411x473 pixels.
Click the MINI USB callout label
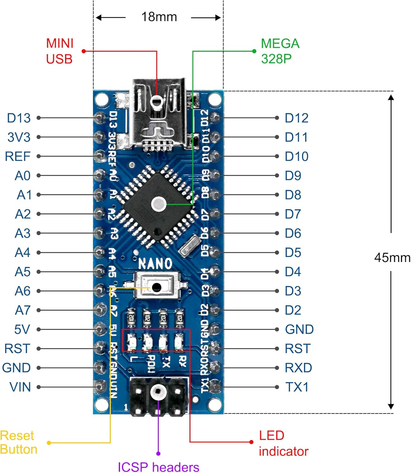(60, 51)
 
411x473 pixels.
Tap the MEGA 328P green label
(280, 51)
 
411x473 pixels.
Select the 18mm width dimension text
(159, 17)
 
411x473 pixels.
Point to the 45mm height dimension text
(392, 258)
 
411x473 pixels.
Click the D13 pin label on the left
(19, 118)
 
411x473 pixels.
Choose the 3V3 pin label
(19, 137)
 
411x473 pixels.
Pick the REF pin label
(18, 156)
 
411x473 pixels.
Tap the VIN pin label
(20, 387)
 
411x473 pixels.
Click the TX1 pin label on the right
(297, 387)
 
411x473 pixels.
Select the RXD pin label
(298, 368)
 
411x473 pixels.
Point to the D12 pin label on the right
(296, 118)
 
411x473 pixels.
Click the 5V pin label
(22, 330)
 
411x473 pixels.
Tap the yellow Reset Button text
(18, 442)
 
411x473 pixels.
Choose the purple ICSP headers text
(158, 467)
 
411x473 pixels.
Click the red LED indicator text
(283, 443)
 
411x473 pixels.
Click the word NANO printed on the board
(155, 264)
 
